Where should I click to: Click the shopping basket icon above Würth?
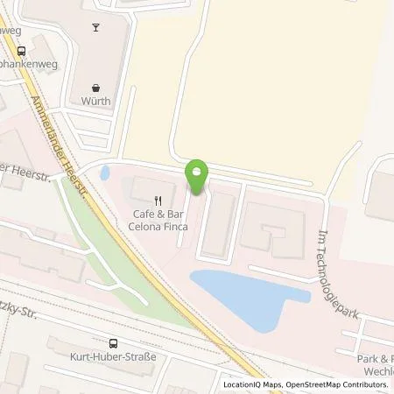(x=96, y=88)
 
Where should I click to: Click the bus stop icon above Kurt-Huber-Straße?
(x=113, y=344)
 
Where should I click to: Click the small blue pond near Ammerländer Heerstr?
(x=105, y=172)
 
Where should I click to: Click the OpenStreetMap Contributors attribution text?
(x=344, y=384)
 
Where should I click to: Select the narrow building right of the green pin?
(x=216, y=223)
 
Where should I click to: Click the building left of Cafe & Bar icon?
(x=138, y=189)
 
